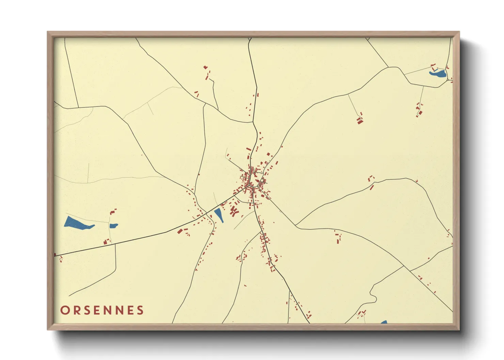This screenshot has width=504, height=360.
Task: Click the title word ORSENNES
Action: [x=102, y=310]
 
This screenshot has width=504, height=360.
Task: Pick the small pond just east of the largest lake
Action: [x=113, y=226]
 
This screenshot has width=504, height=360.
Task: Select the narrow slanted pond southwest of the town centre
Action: [x=219, y=215]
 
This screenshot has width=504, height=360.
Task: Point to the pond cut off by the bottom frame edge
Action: [x=384, y=322]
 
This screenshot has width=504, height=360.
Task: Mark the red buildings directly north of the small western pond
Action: [x=113, y=212]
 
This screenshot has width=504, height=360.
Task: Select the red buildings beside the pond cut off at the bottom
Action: [x=362, y=313]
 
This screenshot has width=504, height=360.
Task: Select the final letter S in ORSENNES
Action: [x=140, y=310]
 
